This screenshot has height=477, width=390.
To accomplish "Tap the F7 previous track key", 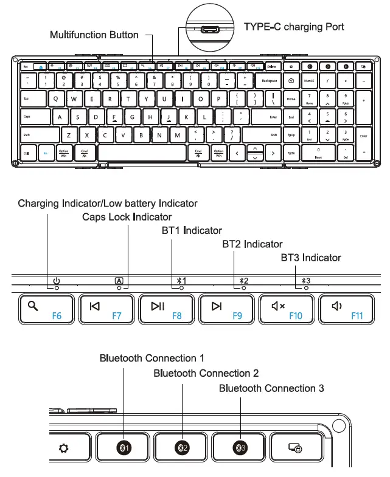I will click(108, 309).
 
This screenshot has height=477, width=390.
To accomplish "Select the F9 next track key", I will click(229, 309).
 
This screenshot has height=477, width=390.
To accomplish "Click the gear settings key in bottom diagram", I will click(64, 448).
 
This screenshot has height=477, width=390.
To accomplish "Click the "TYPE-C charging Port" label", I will click(294, 27).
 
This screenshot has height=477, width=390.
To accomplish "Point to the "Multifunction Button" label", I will click(94, 35).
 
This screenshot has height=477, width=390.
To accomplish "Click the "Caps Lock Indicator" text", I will click(127, 217).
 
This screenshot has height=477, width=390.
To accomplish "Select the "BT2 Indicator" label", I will click(252, 244).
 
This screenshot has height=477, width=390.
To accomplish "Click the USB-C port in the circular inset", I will click(211, 29).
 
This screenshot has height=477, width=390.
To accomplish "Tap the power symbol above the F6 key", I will click(56, 281).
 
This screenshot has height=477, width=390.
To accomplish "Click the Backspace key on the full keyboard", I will click(269, 81).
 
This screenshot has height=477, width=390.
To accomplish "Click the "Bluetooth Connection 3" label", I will click(271, 388).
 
